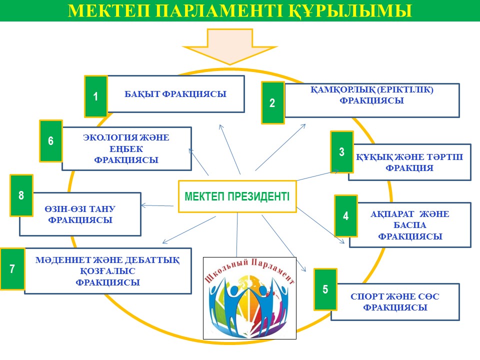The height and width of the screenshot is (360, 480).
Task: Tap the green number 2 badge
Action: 272,103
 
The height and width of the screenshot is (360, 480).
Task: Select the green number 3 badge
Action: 342,151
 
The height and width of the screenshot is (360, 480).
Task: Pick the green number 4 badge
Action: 346,216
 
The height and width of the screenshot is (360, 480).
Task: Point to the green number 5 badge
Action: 325,289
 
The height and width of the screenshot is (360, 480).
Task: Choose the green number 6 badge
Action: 51,141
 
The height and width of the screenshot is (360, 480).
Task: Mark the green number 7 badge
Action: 12,269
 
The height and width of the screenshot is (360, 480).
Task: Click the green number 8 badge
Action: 21,195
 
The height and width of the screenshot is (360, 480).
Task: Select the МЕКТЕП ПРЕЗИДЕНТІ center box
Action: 237,196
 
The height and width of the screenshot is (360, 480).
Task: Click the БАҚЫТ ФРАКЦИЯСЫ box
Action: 175,94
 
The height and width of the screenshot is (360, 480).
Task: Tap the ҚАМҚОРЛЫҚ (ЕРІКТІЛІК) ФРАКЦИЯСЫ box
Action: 371,100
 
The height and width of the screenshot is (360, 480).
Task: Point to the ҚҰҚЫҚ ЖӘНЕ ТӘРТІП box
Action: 409,162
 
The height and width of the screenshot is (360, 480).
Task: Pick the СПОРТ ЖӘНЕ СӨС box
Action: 395,302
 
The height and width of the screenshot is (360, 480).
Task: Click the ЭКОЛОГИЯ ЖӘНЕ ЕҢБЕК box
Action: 126,148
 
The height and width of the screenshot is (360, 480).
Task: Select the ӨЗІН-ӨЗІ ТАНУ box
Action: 80,214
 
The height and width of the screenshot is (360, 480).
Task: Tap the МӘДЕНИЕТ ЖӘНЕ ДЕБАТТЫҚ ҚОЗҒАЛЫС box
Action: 107,271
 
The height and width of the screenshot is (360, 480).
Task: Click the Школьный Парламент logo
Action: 250,298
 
